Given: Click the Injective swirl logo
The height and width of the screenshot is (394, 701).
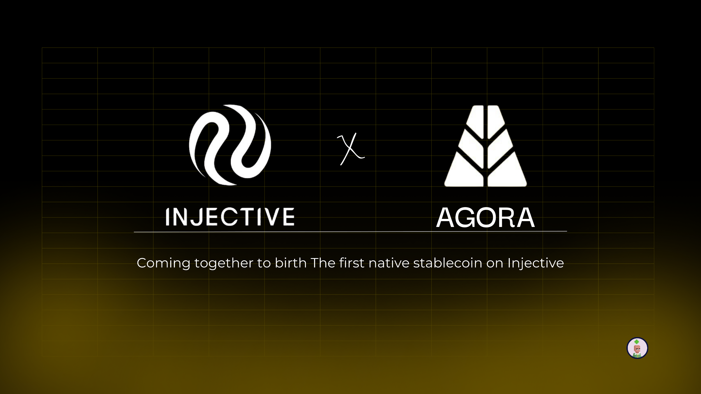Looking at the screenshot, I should (230, 145).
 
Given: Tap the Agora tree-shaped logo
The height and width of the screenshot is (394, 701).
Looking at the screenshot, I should (485, 146).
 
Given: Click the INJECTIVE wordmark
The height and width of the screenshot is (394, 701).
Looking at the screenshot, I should (230, 217).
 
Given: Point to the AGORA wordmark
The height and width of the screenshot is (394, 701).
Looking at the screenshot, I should (485, 218).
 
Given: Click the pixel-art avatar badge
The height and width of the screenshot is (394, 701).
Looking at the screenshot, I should (637, 348).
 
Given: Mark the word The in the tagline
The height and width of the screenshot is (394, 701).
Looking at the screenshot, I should (323, 263).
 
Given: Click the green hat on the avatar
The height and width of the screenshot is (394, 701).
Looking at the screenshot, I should (637, 342).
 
